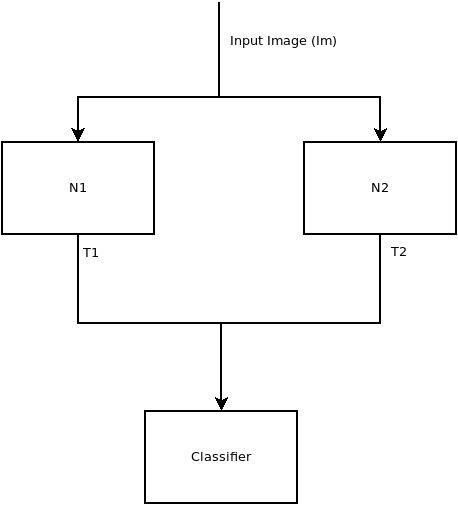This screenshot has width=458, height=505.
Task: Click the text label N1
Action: coord(78,188)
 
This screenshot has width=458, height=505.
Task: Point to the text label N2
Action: coord(380,188)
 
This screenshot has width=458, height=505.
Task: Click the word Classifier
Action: coord(221,457)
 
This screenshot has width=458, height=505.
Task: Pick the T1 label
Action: coord(91,253)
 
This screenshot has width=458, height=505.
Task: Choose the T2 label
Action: coord(399,252)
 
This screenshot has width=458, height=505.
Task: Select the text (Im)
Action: coord(324,41)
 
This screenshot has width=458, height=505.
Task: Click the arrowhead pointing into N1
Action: coord(78,135)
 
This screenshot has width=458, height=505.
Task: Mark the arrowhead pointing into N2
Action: coord(380,135)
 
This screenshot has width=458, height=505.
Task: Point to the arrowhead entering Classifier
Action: coord(221,404)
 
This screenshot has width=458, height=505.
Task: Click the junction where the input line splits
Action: coord(219,97)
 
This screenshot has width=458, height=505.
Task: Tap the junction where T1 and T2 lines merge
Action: coord(221,323)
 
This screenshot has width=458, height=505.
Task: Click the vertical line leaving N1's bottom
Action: coord(78,279)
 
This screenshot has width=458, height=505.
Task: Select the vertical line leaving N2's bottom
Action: coord(380,279)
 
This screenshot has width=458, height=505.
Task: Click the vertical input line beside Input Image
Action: coord(219,49)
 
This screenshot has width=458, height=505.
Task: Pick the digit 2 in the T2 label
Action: coord(403,252)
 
